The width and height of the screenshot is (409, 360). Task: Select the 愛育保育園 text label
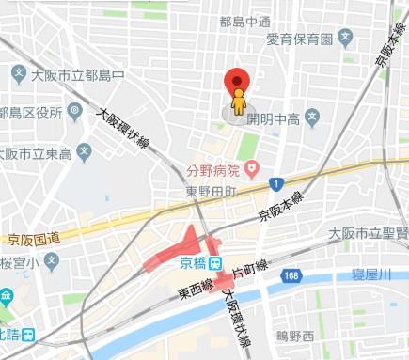300,39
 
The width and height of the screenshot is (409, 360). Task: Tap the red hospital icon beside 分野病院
251,169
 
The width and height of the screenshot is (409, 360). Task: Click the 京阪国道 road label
34,239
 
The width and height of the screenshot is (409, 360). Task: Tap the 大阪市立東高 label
39,153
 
